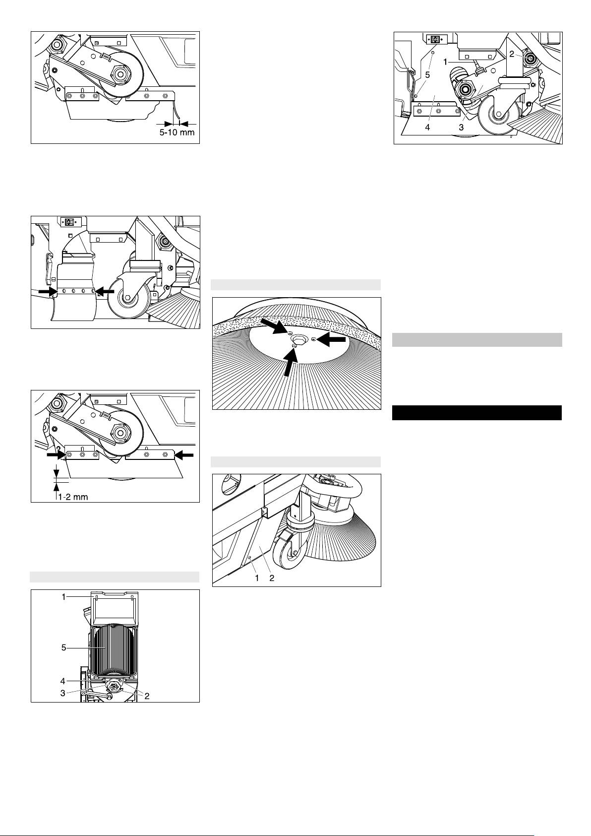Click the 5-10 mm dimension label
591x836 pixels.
177,132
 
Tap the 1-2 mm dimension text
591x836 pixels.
73,497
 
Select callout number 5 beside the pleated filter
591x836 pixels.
64,647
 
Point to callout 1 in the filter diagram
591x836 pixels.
64,597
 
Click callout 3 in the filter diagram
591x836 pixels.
62,693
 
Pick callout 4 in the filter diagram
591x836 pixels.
62,682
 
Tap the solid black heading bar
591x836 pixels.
477,413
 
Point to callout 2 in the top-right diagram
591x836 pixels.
512,54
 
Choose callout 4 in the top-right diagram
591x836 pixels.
428,128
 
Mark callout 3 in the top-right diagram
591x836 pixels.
461,128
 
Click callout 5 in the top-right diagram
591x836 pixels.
428,74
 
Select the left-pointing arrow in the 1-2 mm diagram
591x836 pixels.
184,454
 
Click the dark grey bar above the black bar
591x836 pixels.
477,340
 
